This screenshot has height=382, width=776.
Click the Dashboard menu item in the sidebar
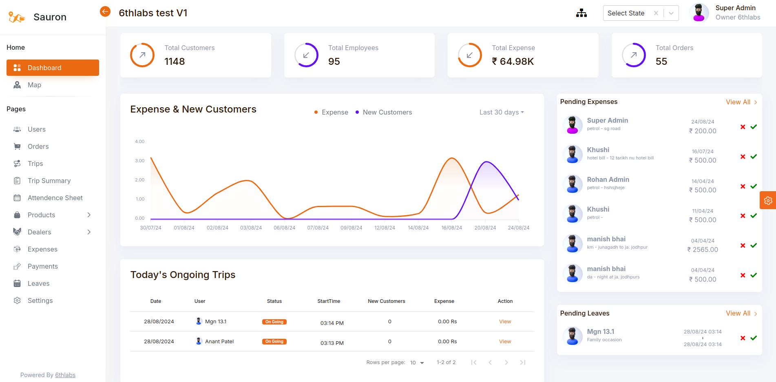coord(53,68)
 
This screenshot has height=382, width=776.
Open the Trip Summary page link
coord(49,181)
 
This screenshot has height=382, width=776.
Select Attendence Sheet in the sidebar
coord(55,198)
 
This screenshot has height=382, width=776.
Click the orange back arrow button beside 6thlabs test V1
coord(105,12)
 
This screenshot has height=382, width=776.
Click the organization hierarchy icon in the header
coord(581,13)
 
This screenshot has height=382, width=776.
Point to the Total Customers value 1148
coord(175,62)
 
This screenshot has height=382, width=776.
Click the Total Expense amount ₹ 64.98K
coord(513,62)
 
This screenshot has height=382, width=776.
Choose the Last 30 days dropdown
coord(501,112)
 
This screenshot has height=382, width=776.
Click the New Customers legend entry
coord(387,112)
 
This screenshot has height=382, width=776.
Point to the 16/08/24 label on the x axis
coord(451,228)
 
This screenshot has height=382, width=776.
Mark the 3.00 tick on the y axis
coord(140,161)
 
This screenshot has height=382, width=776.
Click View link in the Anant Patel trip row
coord(505,342)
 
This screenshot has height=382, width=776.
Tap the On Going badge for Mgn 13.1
coord(274,322)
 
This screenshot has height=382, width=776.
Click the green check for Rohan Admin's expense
coord(754,186)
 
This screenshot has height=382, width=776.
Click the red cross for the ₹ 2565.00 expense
coord(743,245)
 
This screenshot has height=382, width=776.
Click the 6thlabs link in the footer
coord(65,375)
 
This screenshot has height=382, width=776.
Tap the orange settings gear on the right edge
coord(768,201)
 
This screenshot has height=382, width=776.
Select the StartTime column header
coord(329,301)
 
